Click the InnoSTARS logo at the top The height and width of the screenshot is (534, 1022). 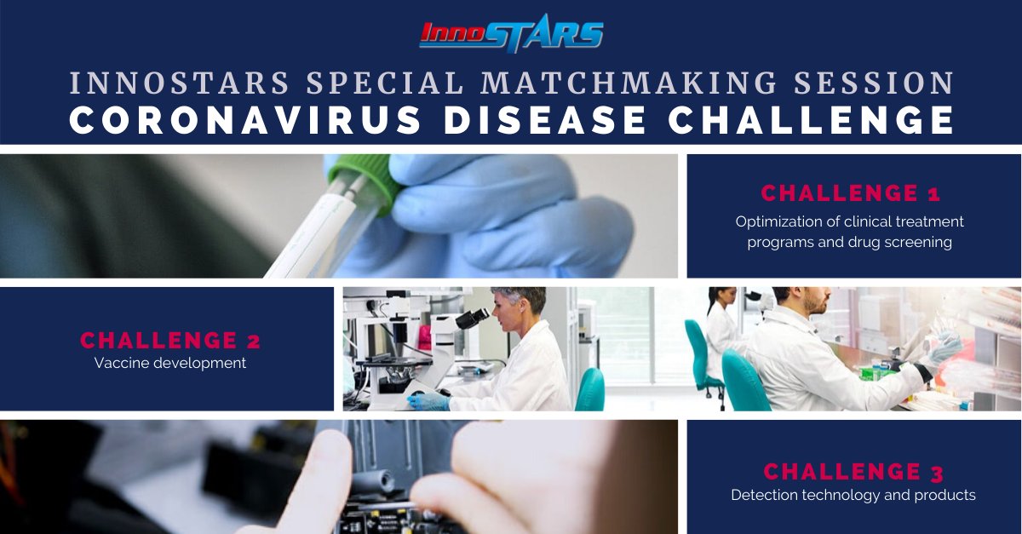pos(511,34)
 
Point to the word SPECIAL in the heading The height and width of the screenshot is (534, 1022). pos(382,83)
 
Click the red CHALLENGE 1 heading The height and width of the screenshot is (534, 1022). pos(850,193)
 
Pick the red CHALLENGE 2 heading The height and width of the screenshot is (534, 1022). pos(170,341)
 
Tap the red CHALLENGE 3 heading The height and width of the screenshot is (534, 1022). pos(853,471)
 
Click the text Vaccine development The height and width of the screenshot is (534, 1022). pos(170,364)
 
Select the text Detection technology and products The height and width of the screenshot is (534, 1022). pos(853,495)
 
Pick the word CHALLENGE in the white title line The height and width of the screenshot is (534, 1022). pos(810,119)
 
